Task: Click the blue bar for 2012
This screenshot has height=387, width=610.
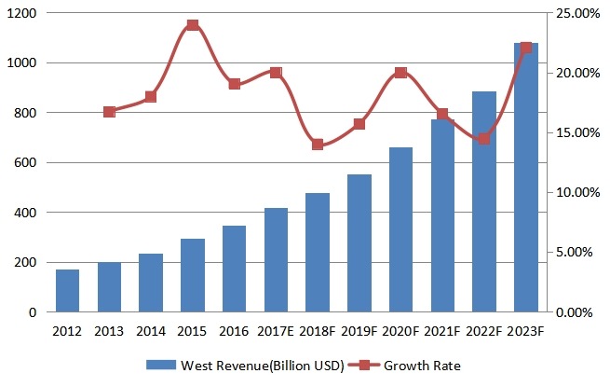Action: click(67, 291)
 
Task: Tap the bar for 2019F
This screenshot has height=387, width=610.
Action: click(359, 243)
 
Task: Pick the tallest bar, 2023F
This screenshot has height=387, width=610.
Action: click(526, 177)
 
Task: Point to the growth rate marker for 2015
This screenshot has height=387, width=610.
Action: click(192, 25)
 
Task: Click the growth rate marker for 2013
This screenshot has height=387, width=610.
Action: click(109, 112)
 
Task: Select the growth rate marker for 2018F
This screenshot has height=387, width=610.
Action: click(318, 145)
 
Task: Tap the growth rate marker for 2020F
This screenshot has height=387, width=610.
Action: click(400, 73)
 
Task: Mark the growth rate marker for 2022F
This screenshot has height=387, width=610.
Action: click(484, 139)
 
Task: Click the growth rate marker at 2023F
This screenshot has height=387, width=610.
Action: click(526, 48)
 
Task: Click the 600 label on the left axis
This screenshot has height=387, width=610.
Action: click(25, 162)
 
